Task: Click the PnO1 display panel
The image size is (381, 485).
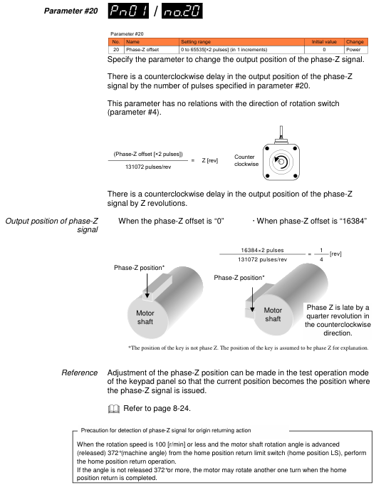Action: tap(128, 11)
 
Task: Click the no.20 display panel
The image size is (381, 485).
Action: tap(182, 11)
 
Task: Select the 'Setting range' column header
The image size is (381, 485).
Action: tap(196, 42)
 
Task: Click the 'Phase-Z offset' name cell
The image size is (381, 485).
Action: tap(142, 49)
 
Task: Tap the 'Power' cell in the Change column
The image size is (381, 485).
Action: tap(353, 49)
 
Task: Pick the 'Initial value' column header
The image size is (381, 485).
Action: tap(324, 42)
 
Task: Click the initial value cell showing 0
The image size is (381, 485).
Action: tap(324, 49)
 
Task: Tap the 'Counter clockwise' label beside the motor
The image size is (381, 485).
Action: tap(246, 160)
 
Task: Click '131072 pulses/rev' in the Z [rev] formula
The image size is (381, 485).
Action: tap(148, 167)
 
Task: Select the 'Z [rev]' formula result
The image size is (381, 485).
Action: tap(210, 160)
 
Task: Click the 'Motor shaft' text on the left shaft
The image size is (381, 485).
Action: tap(145, 318)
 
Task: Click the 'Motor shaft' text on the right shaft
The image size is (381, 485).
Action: tap(273, 314)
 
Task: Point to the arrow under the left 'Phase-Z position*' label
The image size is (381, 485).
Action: tap(147, 286)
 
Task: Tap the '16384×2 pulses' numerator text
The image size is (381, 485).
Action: tap(262, 250)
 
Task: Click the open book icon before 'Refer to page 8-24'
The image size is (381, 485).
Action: tap(114, 409)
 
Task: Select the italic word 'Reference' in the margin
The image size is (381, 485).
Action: tap(80, 372)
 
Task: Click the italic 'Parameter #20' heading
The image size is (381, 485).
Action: tap(71, 11)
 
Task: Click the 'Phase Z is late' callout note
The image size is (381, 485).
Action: tap(338, 320)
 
